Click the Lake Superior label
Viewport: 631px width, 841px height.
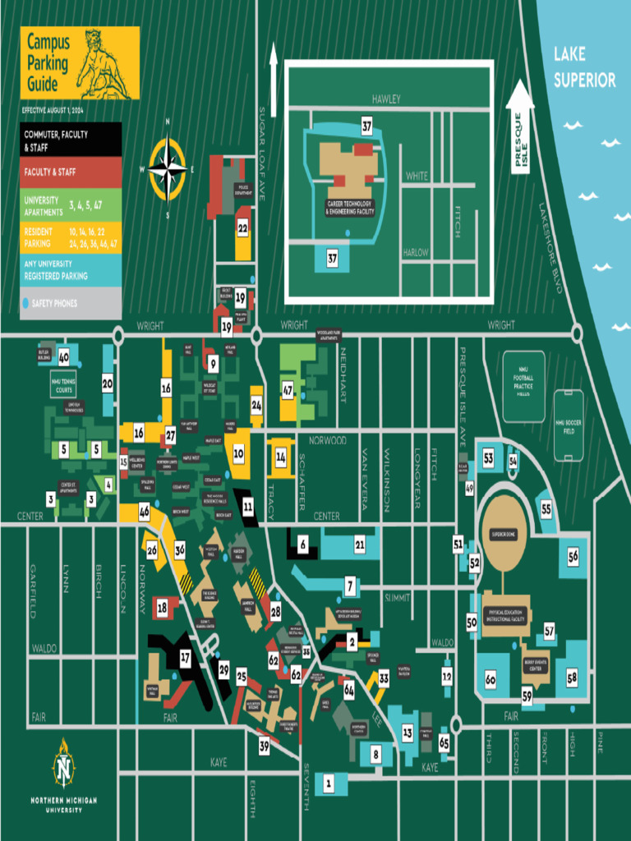tap(584, 67)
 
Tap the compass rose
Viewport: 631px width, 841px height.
tap(168, 170)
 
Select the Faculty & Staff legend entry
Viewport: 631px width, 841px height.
tap(71, 172)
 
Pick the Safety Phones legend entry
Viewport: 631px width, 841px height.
tap(71, 303)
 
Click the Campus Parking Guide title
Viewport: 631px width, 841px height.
tap(48, 62)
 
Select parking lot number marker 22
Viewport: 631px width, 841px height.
tap(242, 227)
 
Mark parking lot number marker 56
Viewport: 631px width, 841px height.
tap(573, 556)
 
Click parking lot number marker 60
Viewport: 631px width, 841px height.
tap(491, 679)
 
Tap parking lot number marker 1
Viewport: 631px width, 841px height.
tap(329, 784)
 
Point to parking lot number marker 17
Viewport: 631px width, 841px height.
tap(185, 657)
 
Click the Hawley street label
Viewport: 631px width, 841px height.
tap(385, 99)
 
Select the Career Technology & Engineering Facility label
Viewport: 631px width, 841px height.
tap(349, 207)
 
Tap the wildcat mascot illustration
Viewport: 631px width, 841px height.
tap(103, 66)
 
